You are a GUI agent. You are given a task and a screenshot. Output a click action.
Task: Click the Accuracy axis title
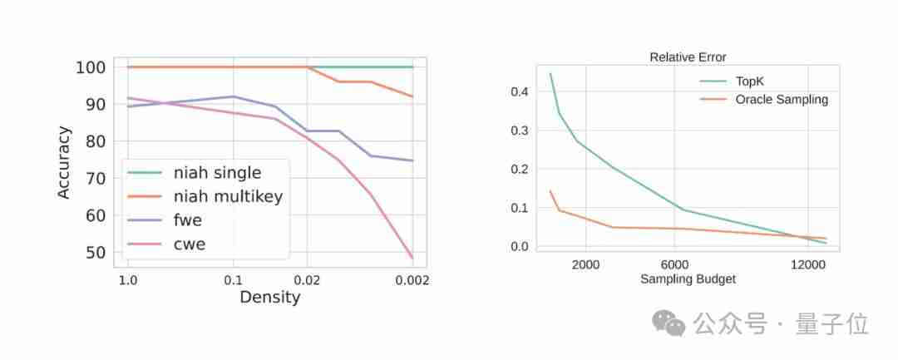coord(64,162)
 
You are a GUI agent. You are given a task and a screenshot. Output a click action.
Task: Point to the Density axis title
coord(269,297)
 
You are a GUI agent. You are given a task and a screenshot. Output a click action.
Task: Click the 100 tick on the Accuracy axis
coord(91,67)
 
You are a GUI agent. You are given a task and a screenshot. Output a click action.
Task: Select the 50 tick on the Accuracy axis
coord(96,253)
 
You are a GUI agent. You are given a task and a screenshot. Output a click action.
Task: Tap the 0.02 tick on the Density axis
coord(307,280)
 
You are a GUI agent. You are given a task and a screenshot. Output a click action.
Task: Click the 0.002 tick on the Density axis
coord(412,280)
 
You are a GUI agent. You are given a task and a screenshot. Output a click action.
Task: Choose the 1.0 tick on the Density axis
coord(127,280)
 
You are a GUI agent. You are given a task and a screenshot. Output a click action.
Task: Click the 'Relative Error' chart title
coord(688,57)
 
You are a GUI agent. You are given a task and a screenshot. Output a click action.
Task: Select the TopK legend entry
coord(752,81)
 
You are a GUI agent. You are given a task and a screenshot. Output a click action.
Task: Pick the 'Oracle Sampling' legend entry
coord(782,100)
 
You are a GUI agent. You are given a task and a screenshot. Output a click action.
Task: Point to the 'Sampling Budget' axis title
coord(688,279)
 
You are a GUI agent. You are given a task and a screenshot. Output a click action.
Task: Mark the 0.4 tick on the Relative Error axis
coord(520,91)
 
